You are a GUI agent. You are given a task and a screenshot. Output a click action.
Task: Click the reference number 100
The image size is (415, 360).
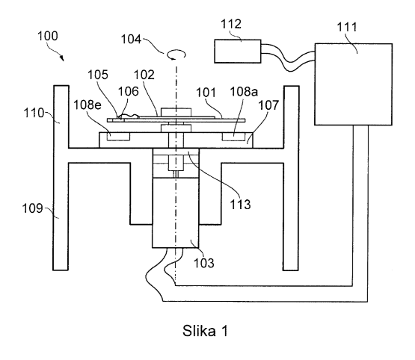(48, 36)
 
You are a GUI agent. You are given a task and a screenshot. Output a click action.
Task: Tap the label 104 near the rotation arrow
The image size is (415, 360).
(132, 40)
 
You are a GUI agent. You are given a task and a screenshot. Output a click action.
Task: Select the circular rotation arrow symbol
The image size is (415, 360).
(176, 55)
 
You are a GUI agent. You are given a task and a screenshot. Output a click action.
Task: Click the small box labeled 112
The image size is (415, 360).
(238, 52)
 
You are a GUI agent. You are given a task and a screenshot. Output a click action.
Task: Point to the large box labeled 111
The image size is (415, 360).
(354, 84)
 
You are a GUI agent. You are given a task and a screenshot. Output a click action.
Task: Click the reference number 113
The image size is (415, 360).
(240, 205)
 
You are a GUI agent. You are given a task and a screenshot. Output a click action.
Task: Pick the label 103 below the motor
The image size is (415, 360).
(204, 263)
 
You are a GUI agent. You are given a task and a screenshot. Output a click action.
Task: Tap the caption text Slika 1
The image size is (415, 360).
(205, 331)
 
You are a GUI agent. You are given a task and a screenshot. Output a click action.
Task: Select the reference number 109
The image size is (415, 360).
(32, 208)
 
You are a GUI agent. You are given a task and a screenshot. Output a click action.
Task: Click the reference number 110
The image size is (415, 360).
(34, 113)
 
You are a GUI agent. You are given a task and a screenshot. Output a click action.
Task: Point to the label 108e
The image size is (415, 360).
(87, 105)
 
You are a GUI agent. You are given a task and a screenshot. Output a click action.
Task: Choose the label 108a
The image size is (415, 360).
(244, 92)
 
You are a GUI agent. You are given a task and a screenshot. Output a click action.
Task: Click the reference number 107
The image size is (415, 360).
(268, 105)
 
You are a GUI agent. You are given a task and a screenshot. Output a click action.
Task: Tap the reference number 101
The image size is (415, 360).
(206, 93)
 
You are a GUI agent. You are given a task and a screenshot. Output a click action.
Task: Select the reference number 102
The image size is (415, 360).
(144, 75)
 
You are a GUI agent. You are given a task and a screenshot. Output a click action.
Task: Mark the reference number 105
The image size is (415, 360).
(98, 75)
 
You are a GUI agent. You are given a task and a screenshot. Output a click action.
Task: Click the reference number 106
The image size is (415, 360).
(129, 91)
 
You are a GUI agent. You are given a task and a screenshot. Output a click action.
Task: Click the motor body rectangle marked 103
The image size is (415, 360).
(176, 213)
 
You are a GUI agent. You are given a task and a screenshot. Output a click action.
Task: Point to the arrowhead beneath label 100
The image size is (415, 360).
(62, 58)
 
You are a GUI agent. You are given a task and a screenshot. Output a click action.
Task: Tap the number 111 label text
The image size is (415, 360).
(347, 27)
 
